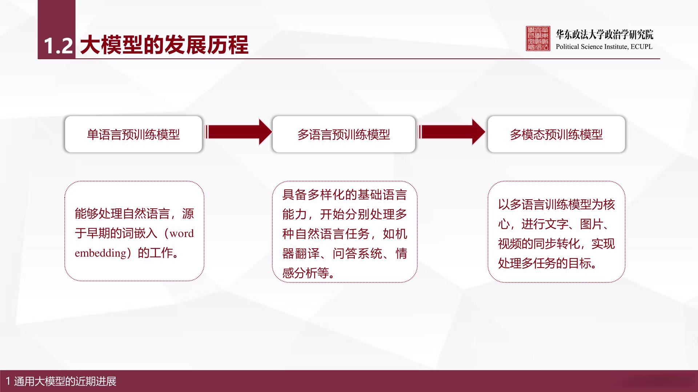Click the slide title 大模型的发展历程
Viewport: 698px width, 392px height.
[x=164, y=45]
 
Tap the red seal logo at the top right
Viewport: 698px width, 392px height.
[x=538, y=38]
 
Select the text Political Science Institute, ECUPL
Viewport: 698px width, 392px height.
[x=604, y=46]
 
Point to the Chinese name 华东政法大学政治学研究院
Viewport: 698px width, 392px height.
[x=605, y=34]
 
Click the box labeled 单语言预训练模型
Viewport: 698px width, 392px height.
[x=133, y=134]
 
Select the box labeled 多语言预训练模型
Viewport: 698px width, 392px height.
[x=344, y=134]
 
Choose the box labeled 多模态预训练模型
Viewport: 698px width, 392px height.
[x=556, y=134]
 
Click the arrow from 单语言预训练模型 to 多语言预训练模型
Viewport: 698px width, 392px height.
[x=238, y=132]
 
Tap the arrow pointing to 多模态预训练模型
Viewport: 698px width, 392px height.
[x=452, y=132]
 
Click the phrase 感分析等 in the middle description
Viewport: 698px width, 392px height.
[x=305, y=273]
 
